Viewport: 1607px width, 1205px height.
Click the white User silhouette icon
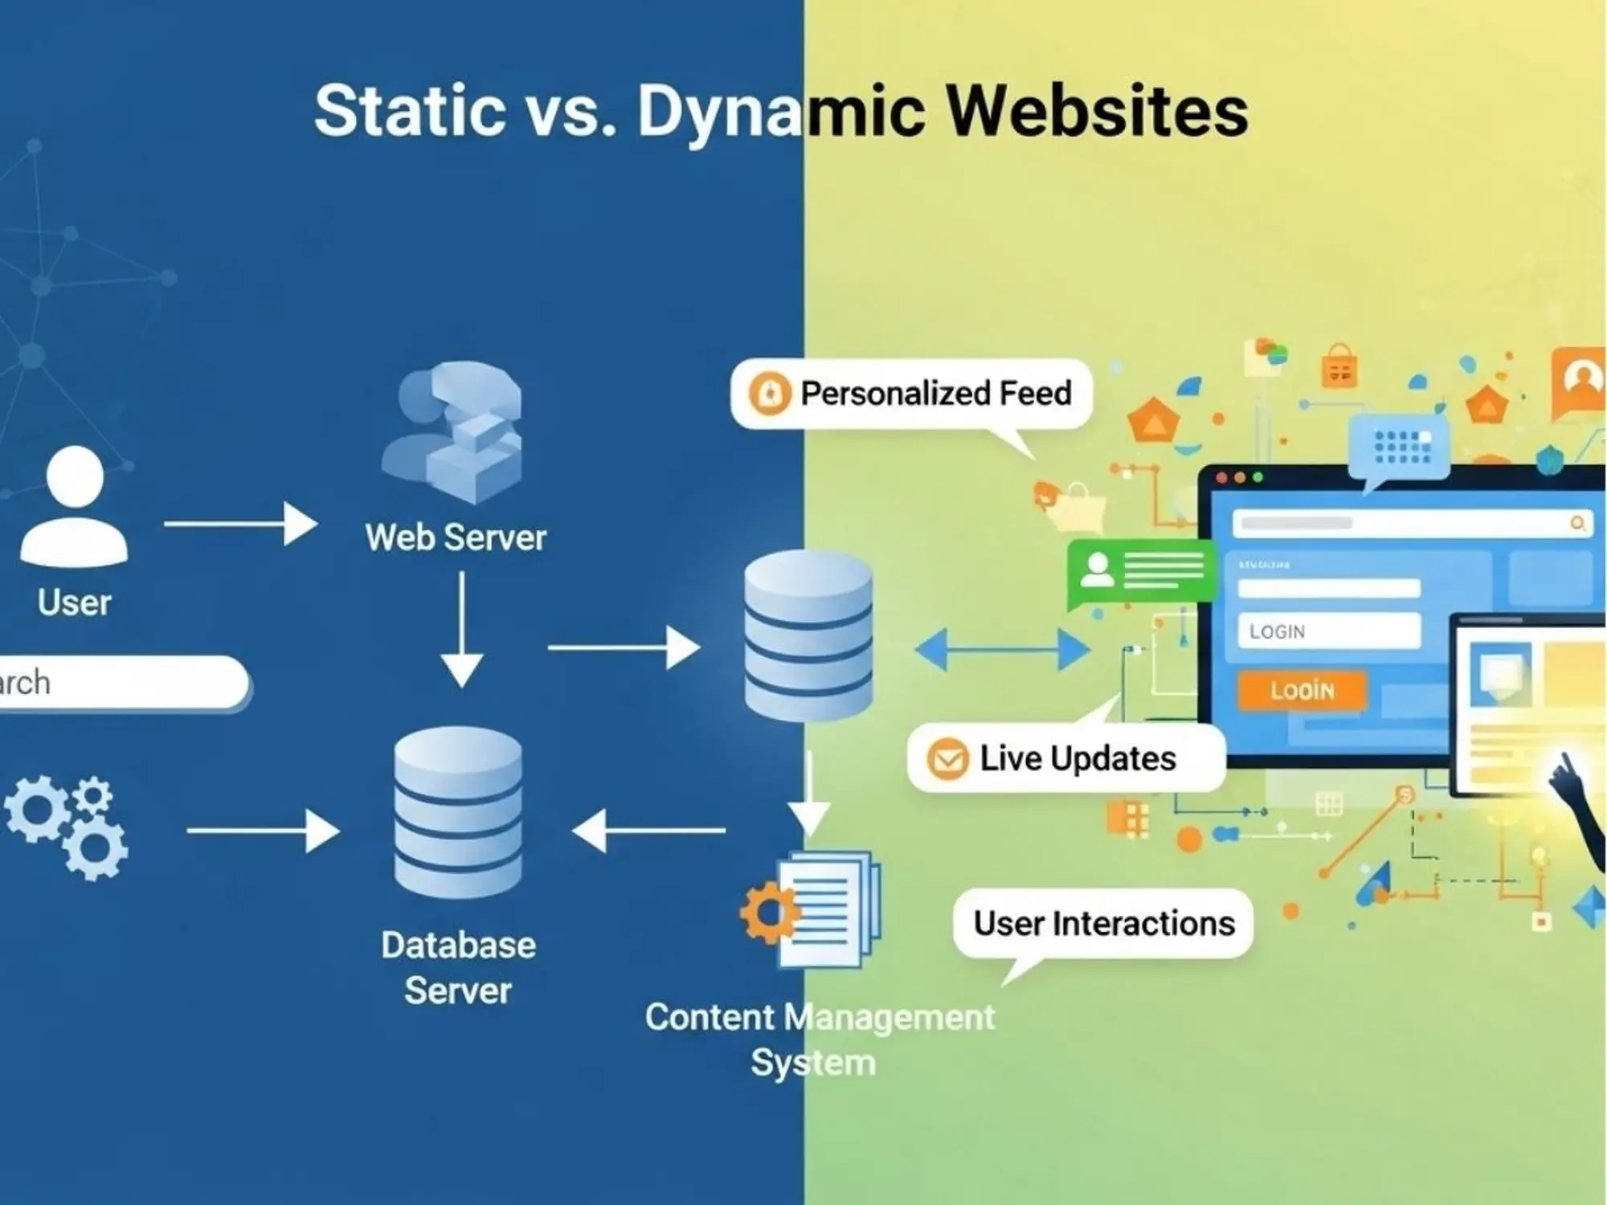[74, 506]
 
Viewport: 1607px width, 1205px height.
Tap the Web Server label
[456, 537]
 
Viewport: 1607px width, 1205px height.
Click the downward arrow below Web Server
[462, 631]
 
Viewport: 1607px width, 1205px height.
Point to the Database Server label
[458, 967]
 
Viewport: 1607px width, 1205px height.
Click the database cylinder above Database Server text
[458, 811]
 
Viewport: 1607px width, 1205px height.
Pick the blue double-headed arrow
[1002, 649]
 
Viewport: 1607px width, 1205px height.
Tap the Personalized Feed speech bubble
[911, 394]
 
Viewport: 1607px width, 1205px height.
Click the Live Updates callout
[1065, 758]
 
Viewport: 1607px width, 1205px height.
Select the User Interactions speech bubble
[1103, 924]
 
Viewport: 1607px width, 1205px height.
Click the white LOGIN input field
[1329, 631]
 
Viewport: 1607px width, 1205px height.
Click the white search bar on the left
[121, 683]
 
